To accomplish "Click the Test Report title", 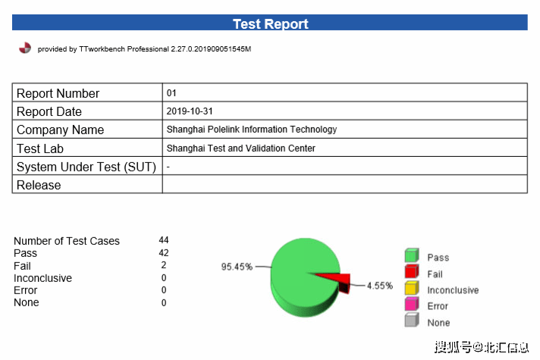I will coord(270,23).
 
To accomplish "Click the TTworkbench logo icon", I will coord(25,48).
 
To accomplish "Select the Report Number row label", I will coord(58,93).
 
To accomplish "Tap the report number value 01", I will coord(171,93).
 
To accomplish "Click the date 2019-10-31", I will coord(190,111).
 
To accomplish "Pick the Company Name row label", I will coord(61,130).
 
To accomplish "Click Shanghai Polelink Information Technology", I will coord(252,130).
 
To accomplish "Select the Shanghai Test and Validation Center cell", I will coord(241,149).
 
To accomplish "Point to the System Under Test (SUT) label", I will coord(86,167).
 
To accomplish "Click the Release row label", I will coord(39,185).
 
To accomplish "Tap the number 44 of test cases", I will coord(164,240).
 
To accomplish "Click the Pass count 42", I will coord(164,252).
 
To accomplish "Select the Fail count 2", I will coord(164,265).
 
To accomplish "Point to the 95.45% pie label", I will coord(236,267).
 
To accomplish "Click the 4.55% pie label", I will coord(380,286).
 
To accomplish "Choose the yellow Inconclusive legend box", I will coord(412,289).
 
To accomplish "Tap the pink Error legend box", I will coord(412,305).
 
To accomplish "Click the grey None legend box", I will coord(412,321).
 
